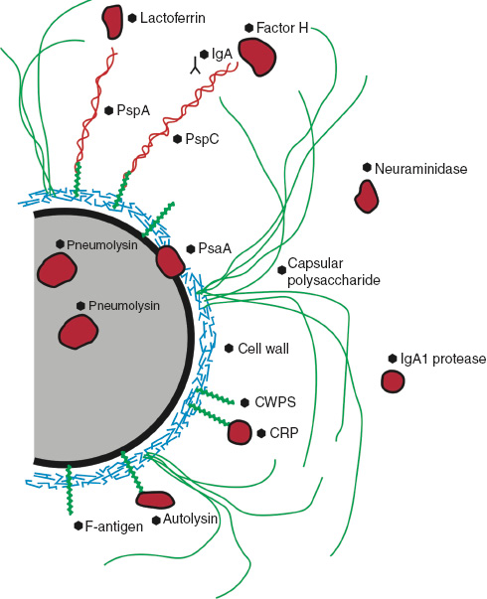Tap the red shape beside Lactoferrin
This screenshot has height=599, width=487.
tap(112, 19)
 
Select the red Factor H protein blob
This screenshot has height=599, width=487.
tap(257, 57)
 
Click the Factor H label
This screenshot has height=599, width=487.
tap(282, 28)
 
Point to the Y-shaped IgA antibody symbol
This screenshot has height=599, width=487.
tap(195, 67)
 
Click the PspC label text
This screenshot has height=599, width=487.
tap(202, 140)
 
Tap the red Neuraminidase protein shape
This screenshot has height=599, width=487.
tap(367, 197)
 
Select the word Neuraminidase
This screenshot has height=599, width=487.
tap(420, 170)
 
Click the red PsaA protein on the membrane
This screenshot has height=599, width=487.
tap(170, 261)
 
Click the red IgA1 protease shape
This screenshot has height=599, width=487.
tap(393, 381)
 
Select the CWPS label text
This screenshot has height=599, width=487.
tap(275, 402)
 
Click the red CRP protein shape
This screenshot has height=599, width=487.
tap(240, 432)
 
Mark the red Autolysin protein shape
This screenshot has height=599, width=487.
tap(155, 500)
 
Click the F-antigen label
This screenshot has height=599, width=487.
tap(114, 526)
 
